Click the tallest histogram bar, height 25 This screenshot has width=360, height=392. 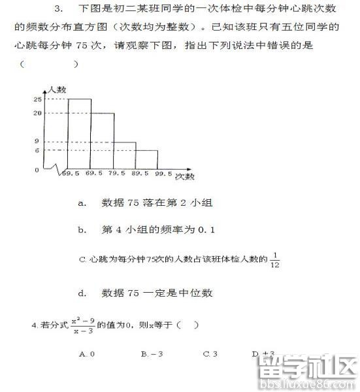[x=79, y=134]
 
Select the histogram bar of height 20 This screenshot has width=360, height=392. [x=102, y=141]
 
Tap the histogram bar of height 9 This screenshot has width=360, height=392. [x=124, y=155]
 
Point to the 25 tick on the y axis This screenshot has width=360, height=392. [x=37, y=99]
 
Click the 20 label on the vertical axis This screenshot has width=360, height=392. [x=37, y=113]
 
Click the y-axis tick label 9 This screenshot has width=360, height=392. [x=37, y=141]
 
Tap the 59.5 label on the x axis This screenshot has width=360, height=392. [x=69, y=174]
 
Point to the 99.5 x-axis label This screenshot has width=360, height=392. [x=163, y=174]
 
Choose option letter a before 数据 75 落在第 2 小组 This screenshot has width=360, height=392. [x=82, y=203]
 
